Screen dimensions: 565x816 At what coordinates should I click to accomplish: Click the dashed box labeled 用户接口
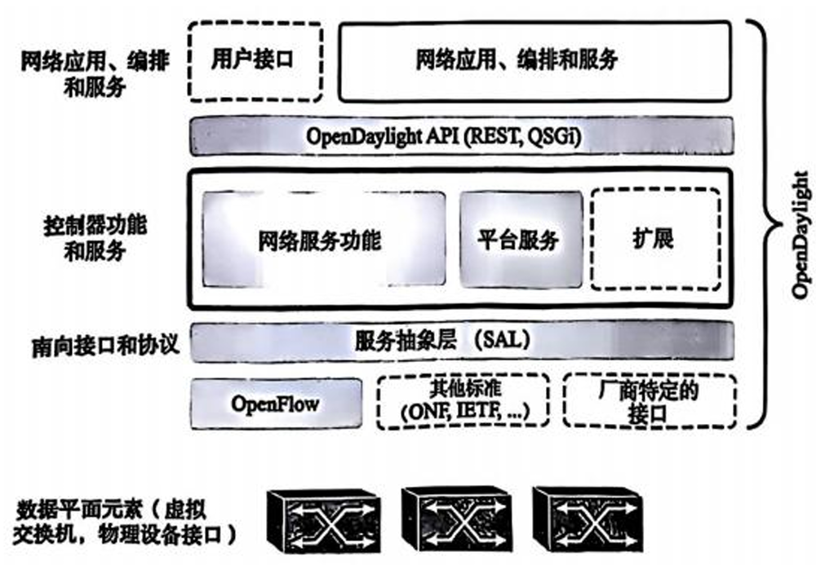pos(255,60)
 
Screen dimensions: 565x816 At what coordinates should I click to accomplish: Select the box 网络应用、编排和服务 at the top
pos(534,60)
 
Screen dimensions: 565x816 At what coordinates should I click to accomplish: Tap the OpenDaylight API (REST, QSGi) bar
pos(461,135)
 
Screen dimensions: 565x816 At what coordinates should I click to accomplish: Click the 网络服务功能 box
pos(324,240)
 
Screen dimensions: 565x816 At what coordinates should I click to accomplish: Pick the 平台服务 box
pos(521,240)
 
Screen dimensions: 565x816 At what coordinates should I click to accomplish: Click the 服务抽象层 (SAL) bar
pos(461,341)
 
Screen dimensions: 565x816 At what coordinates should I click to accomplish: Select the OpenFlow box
pos(275,403)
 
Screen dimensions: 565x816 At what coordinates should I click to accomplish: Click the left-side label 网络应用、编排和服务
pos(95,73)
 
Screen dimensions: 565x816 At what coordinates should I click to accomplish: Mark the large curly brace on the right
pos(769,220)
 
